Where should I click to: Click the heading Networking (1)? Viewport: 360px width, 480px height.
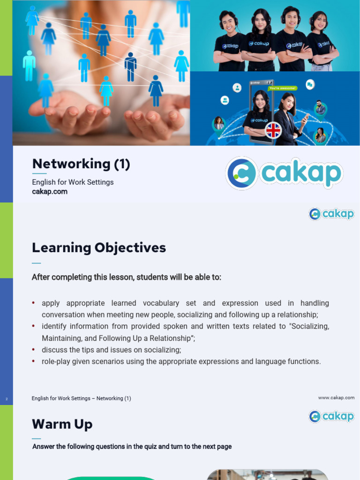point(81,164)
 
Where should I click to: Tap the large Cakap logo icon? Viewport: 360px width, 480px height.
point(241,173)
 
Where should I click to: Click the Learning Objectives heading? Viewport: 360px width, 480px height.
point(99,247)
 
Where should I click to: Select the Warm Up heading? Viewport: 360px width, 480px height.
point(62,424)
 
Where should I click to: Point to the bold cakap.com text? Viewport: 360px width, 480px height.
point(50,191)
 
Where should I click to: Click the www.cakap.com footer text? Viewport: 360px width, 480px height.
point(336,397)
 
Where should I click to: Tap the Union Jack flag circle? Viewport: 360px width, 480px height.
point(273,130)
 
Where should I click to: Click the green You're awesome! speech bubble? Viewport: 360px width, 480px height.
point(283,88)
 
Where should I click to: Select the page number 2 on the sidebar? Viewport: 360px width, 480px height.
point(7,399)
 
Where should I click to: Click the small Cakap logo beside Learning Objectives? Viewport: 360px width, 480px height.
point(331,214)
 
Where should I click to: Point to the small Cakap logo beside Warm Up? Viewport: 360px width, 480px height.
point(331,416)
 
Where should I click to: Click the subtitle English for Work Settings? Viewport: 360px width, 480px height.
point(73,182)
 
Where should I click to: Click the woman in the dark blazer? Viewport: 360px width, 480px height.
point(287,120)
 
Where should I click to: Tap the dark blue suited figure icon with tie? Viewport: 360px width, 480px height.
point(131,67)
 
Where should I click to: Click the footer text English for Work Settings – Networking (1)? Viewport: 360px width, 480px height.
point(82,398)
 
